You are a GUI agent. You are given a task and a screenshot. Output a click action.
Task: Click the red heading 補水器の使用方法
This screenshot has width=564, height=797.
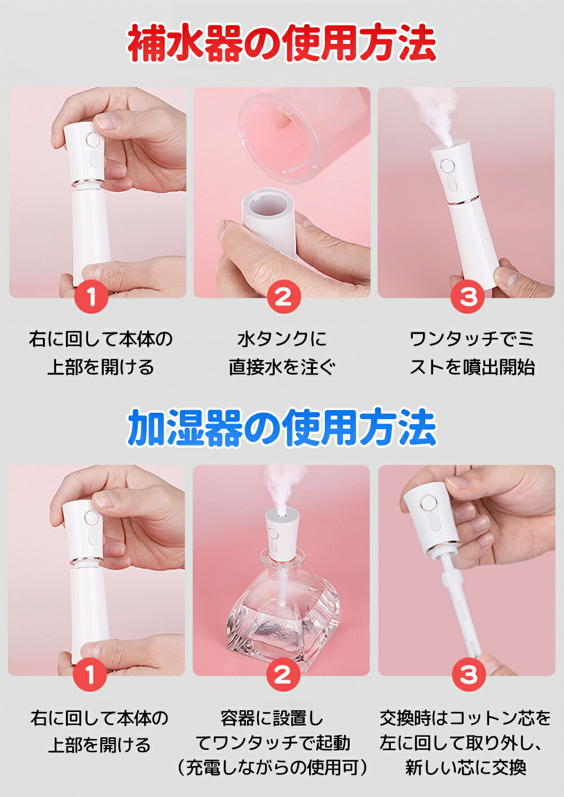point(282,44)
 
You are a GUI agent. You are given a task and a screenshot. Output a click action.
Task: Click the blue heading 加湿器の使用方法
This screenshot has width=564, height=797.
point(282,428)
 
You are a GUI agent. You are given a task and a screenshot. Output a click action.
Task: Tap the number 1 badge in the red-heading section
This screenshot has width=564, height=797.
point(91,296)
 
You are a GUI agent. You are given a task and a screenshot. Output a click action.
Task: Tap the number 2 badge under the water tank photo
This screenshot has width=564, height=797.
point(284,296)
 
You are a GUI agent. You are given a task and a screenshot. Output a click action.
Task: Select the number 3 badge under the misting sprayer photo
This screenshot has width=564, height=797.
point(468,296)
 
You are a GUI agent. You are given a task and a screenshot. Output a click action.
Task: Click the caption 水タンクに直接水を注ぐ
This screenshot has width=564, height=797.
point(282,353)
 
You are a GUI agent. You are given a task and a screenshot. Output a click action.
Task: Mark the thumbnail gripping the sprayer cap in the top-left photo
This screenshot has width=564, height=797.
point(106,122)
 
